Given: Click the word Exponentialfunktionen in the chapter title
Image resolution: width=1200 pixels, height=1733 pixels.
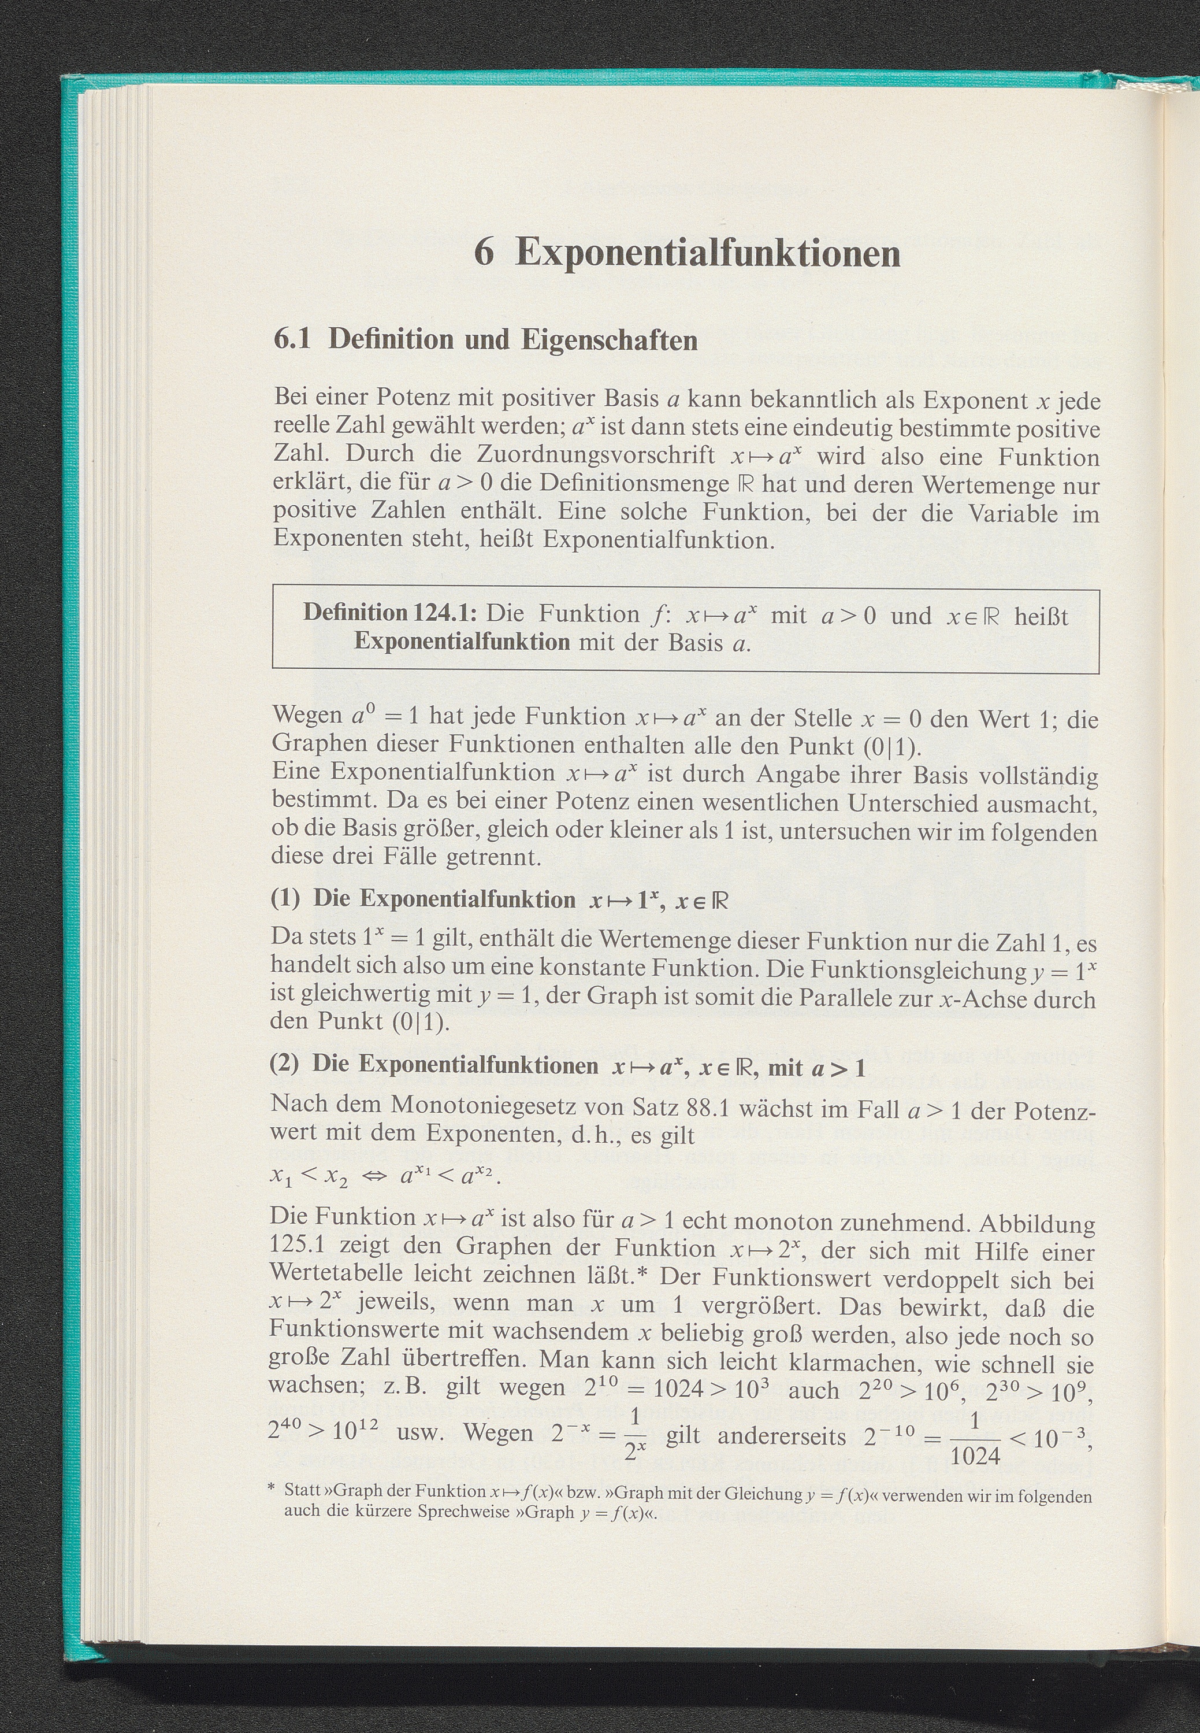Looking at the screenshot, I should click(x=708, y=253).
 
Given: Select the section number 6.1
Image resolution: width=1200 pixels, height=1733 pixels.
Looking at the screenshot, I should click(x=292, y=340).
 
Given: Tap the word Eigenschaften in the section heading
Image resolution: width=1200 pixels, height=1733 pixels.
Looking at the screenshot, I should click(x=609, y=340).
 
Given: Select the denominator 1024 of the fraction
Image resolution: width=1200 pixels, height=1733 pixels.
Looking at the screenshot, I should click(x=975, y=1457).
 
